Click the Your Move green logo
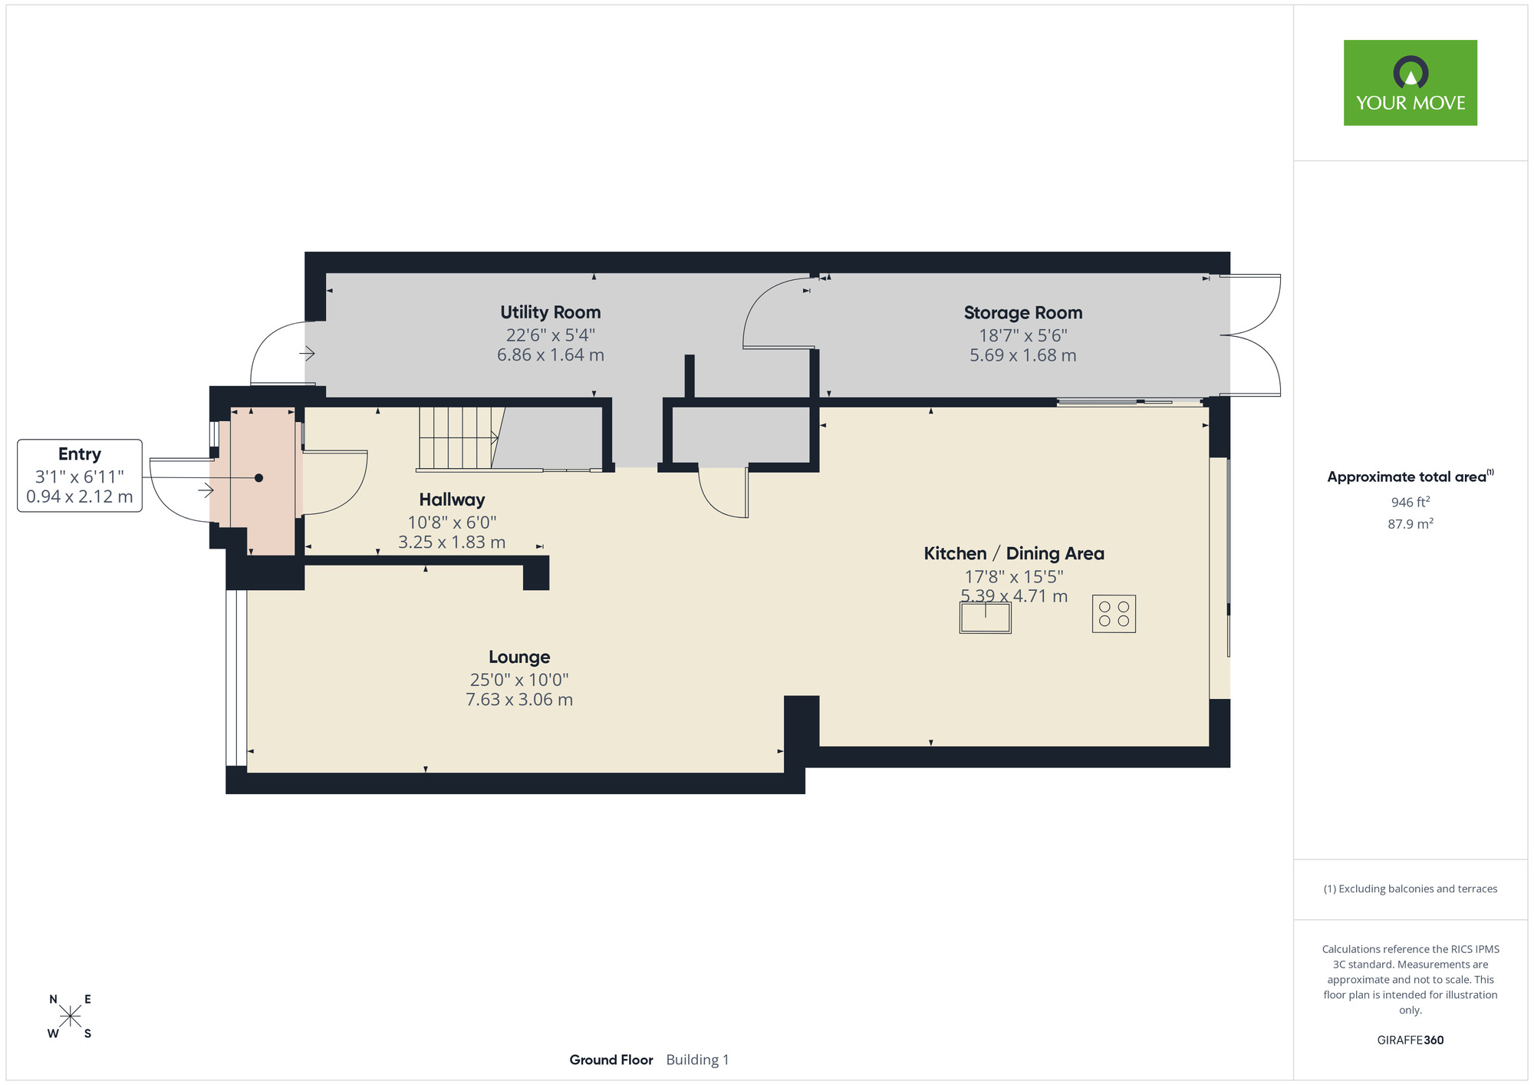1410,83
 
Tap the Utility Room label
550,312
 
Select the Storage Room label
1022,313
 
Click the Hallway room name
452,500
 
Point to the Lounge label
519,657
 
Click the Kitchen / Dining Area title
1013,553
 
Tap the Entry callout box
80,475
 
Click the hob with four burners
1114,614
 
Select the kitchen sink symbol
985,617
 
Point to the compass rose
70,1017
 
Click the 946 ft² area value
1410,502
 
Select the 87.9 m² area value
1410,524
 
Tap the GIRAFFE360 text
1410,1040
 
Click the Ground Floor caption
611,1060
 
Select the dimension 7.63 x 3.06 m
519,700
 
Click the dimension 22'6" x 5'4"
550,335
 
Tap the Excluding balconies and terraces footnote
1410,889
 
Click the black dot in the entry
259,478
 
